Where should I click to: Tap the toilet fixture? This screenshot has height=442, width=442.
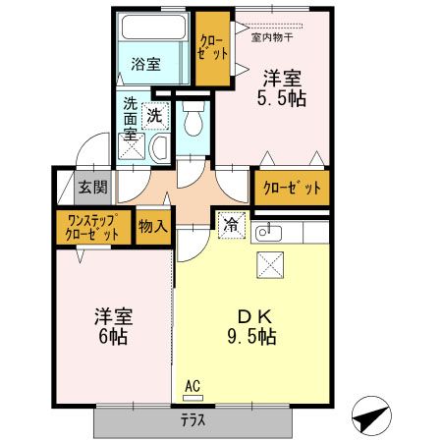pyautogui.click(x=192, y=121)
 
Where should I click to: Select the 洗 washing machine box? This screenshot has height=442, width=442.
pyautogui.click(x=154, y=115)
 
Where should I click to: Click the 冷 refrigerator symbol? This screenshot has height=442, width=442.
pyautogui.click(x=230, y=225)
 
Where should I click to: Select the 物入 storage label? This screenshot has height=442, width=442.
pyautogui.click(x=152, y=226)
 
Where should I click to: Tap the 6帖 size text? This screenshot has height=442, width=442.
pyautogui.click(x=112, y=337)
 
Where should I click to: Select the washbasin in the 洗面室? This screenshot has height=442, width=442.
pyautogui.click(x=157, y=147)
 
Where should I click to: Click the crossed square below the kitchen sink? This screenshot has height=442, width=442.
pyautogui.click(x=270, y=263)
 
